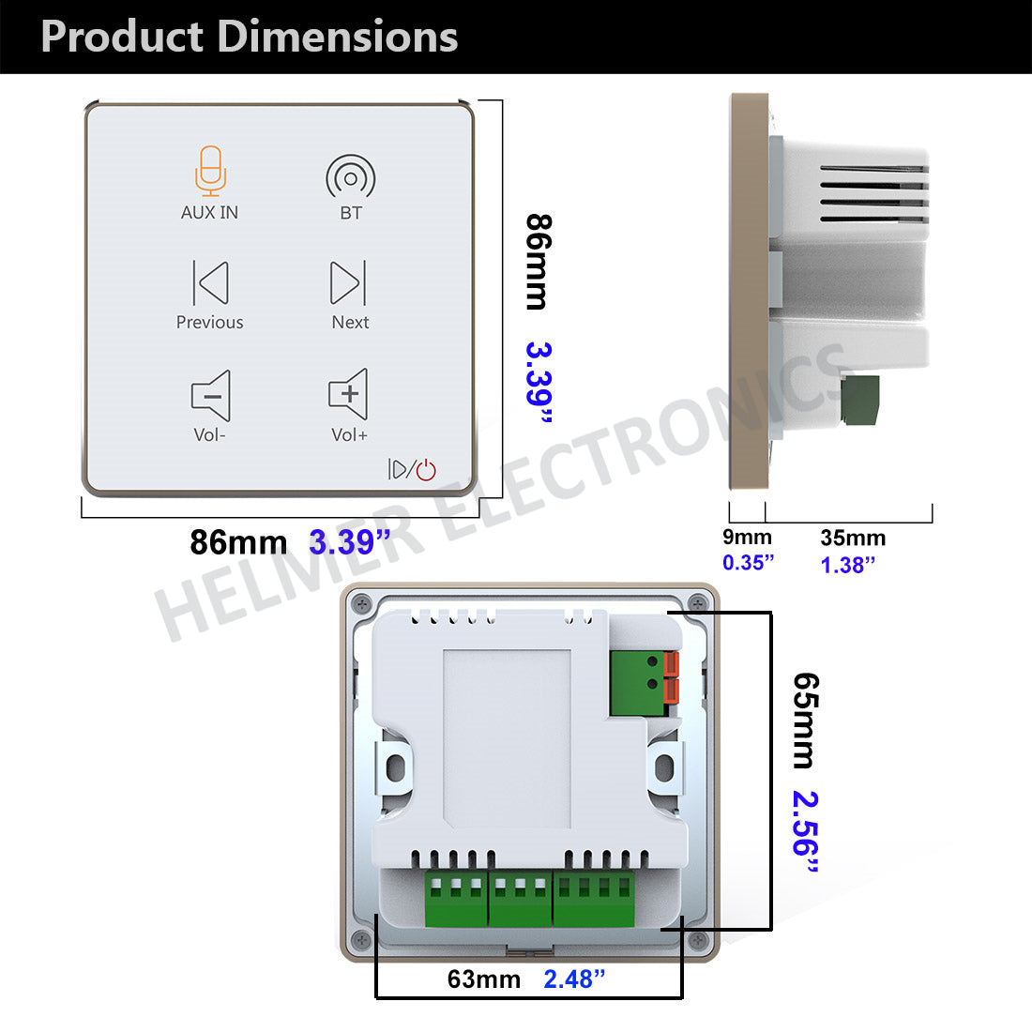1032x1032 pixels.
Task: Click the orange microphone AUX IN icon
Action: (210, 171)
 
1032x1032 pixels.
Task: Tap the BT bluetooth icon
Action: (351, 176)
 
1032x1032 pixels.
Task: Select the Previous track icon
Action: (210, 282)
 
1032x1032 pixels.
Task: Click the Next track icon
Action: (348, 282)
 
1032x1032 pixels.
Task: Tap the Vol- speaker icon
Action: (210, 395)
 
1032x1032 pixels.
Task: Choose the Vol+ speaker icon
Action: (348, 394)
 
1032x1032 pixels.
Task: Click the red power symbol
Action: (427, 469)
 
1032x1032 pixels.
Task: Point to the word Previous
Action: (209, 322)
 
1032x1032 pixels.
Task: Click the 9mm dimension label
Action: (747, 537)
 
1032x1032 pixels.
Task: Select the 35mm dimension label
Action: (853, 538)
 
